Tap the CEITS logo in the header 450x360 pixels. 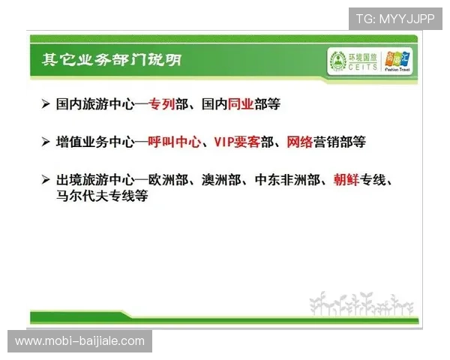pyautogui.click(x=353, y=59)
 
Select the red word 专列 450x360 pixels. pyautogui.click(x=161, y=104)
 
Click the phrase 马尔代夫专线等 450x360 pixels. pyautogui.click(x=102, y=196)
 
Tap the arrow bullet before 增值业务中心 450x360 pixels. pyautogui.click(x=46, y=141)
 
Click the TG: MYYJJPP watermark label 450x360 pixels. pyautogui.click(x=394, y=19)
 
